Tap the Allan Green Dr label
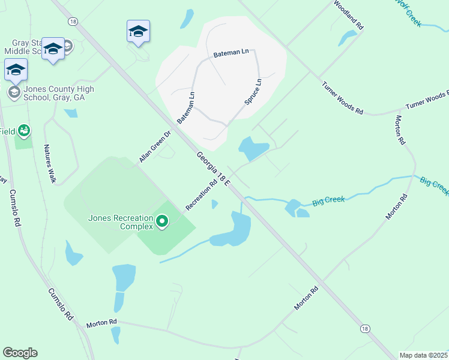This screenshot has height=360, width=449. [x=155, y=146]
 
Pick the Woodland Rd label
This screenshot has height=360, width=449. [x=349, y=15]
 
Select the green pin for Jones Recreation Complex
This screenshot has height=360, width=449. [x=161, y=222]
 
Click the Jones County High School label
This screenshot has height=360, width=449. [x=59, y=93]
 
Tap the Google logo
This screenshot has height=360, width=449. [x=20, y=353]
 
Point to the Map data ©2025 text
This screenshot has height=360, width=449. [x=423, y=355]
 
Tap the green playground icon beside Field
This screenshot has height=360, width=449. [x=24, y=130]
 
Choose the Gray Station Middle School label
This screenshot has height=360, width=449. [x=27, y=47]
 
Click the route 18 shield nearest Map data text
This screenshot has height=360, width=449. [x=365, y=328]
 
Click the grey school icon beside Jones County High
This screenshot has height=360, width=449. [x=13, y=92]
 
